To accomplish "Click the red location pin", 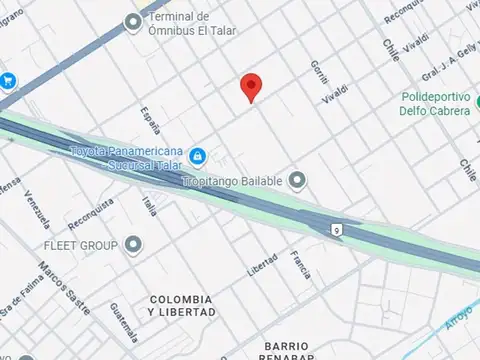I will click(x=252, y=87).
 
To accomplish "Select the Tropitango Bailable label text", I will click(x=234, y=181).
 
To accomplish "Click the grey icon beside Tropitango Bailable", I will click(x=297, y=181).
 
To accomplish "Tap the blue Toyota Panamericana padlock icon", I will click(x=198, y=156).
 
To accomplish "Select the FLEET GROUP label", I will click(x=80, y=245).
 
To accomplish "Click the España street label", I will click(x=151, y=121).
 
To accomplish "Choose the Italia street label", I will click(x=149, y=207).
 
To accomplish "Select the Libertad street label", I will click(x=262, y=262).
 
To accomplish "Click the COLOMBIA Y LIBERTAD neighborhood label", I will click(x=180, y=306).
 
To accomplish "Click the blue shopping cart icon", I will click(x=7, y=81).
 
